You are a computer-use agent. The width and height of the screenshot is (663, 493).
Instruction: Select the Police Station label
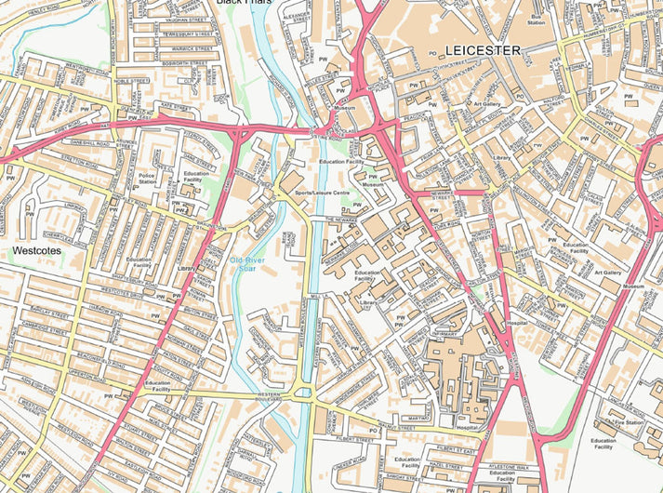click(x=146, y=179)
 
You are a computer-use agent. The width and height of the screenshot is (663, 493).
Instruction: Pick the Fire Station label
click(x=630, y=422)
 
